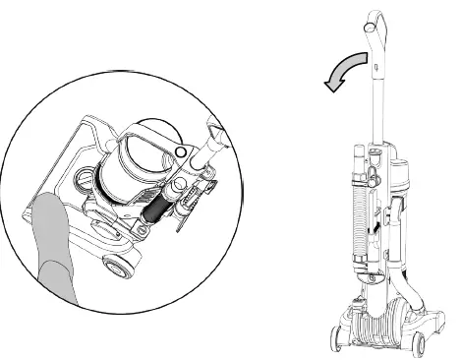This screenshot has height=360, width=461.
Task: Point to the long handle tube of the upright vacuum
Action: point(375,98)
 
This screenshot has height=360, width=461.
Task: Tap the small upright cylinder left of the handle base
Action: point(358,157)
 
